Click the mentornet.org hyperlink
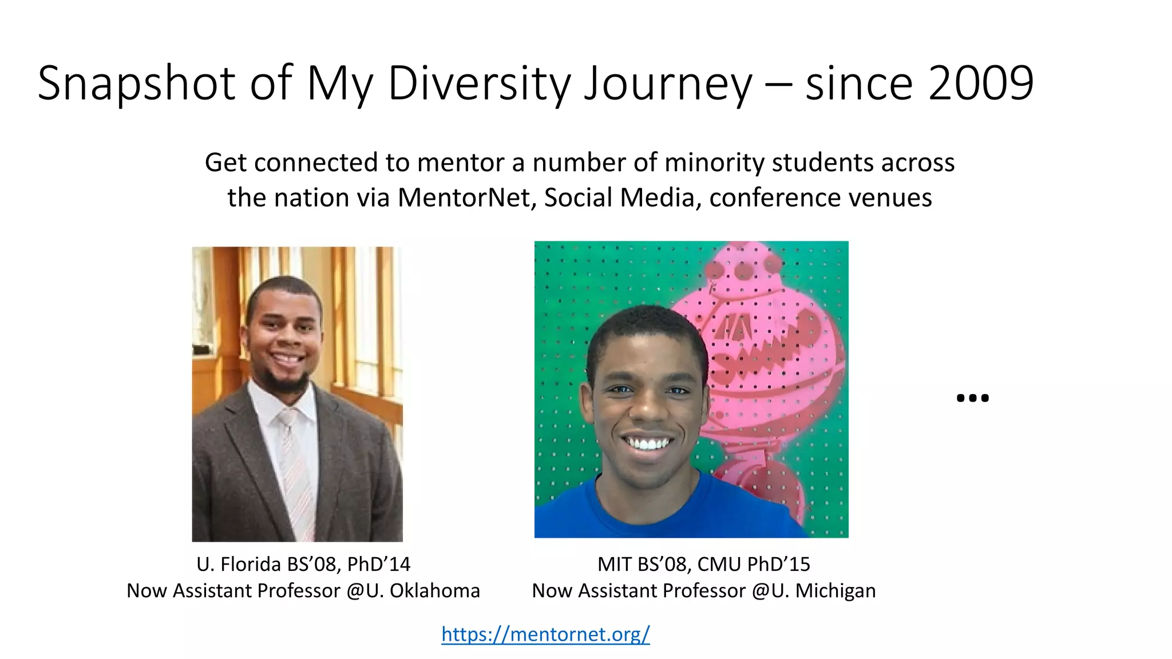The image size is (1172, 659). [545, 634]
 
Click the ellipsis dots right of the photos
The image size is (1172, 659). [972, 398]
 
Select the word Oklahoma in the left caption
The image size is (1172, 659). [434, 590]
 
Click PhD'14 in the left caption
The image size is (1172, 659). [379, 564]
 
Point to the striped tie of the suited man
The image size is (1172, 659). [295, 469]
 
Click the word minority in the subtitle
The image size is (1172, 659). [715, 162]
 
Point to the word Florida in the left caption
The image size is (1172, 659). [251, 564]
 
